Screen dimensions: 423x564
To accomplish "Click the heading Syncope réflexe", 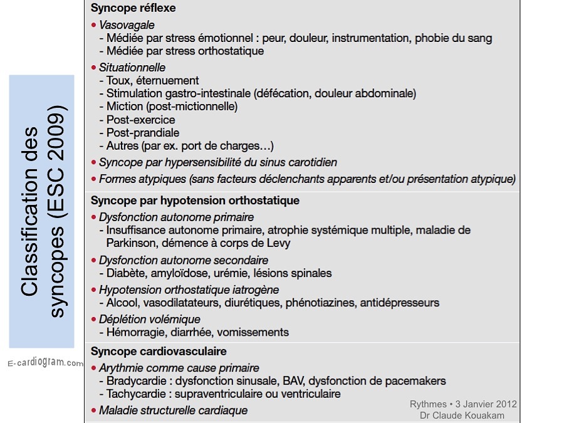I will click(x=133, y=9).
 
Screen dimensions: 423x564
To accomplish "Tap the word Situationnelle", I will click(x=132, y=67).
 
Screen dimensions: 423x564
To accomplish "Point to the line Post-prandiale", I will click(x=143, y=133).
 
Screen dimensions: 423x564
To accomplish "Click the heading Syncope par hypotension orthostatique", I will click(x=195, y=201).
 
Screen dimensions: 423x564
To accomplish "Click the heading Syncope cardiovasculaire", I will click(x=159, y=351).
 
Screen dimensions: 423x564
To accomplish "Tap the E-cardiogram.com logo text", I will click(x=45, y=363).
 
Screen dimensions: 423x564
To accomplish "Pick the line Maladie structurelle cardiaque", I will click(x=173, y=411).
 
